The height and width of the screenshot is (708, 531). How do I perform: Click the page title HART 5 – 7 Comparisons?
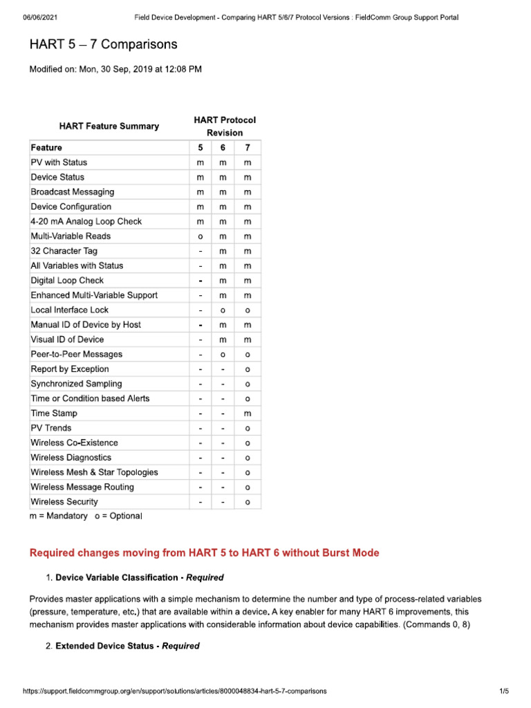tap(103, 45)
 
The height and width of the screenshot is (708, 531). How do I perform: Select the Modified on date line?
tap(115, 69)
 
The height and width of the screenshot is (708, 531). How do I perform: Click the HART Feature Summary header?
tap(109, 126)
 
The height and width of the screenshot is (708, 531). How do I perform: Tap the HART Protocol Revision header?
tap(225, 126)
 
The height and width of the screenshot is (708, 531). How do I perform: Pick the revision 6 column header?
tap(223, 147)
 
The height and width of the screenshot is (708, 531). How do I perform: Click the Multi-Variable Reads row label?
tap(70, 236)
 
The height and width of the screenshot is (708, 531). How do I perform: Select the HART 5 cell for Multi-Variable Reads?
tap(200, 236)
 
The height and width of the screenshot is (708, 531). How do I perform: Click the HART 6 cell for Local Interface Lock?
tap(223, 310)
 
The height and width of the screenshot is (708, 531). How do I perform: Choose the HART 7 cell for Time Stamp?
tap(248, 413)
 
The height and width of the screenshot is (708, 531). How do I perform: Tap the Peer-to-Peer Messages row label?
tap(76, 354)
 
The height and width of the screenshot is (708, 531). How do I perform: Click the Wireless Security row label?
tap(64, 502)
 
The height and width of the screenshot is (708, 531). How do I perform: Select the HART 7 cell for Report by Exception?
tap(248, 369)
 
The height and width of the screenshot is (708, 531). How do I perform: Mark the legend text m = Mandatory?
tap(58, 516)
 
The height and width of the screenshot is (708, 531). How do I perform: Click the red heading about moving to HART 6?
tap(204, 553)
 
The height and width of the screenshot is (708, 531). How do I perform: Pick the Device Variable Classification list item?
tap(139, 577)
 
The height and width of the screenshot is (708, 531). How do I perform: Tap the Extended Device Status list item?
tap(127, 646)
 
